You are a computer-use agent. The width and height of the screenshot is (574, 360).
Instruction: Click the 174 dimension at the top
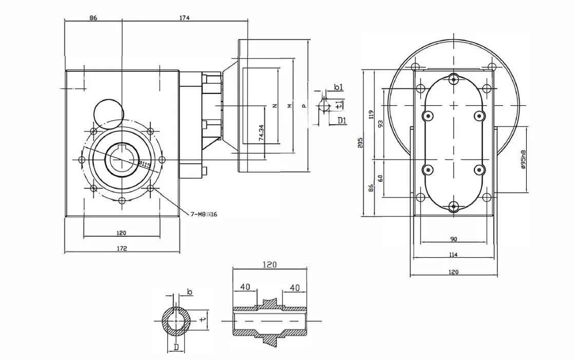184,17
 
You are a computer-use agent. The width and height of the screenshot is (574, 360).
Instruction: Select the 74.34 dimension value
261,133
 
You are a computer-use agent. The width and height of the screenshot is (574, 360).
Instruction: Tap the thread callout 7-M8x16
204,214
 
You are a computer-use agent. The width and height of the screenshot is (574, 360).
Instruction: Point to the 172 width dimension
122,248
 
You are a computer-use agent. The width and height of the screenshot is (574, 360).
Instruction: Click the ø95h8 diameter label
523,160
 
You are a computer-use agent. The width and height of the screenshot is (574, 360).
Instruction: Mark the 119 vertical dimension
371,114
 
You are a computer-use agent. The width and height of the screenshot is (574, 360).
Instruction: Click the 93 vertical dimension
380,124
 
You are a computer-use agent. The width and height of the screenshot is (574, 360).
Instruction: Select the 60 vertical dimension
380,178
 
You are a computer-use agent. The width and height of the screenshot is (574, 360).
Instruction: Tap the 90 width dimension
453,239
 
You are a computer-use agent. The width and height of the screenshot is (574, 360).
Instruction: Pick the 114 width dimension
453,254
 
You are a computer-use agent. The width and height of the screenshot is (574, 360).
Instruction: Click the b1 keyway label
338,88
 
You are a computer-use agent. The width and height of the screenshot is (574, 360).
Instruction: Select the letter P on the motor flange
304,106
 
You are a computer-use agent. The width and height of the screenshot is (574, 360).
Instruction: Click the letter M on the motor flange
289,106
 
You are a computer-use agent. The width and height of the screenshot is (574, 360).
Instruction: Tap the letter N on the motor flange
274,106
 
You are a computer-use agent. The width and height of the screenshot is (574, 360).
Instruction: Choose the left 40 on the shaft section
245,288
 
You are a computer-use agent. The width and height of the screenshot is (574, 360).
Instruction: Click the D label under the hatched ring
176,348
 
